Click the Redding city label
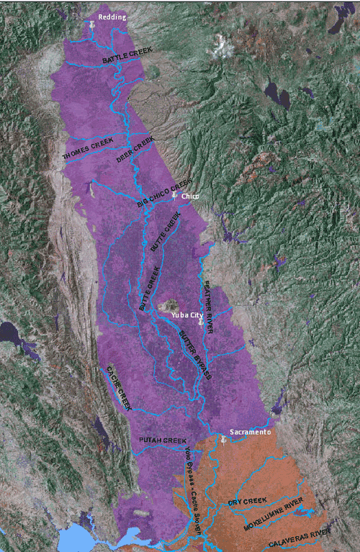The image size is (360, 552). pos(111,17)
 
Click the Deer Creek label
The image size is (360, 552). pos(135,149)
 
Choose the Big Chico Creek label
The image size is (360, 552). pos(165,194)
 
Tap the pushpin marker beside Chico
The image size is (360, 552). pos(174,194)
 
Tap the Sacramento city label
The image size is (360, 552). pos(249,432)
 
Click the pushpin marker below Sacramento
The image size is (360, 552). pos(224,440)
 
